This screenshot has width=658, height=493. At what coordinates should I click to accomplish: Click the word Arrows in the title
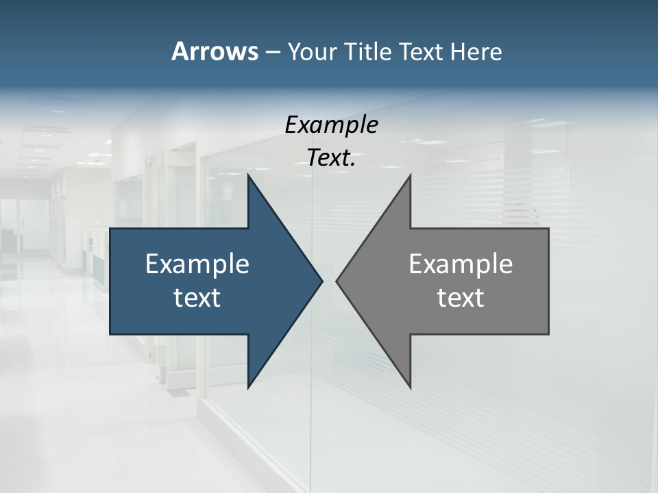pyautogui.click(x=214, y=51)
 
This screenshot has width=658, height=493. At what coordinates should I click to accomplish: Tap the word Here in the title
pyautogui.click(x=476, y=52)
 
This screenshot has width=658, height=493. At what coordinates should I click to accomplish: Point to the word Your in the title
pyautogui.click(x=312, y=52)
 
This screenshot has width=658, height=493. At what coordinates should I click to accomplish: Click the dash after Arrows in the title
pyautogui.click(x=272, y=52)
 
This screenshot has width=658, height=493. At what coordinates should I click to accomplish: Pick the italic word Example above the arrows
pyautogui.click(x=332, y=125)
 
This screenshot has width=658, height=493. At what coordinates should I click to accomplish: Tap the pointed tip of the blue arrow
pyautogui.click(x=321, y=281)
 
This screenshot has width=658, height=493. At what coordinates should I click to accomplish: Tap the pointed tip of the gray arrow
pyautogui.click(x=337, y=281)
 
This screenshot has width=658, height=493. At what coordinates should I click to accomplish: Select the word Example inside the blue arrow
pyautogui.click(x=197, y=264)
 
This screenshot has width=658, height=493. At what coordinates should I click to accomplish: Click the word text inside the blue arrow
pyautogui.click(x=197, y=298)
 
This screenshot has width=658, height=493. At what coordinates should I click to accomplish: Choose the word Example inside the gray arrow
pyautogui.click(x=461, y=264)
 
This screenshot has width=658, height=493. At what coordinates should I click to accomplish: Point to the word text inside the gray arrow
pyautogui.click(x=461, y=298)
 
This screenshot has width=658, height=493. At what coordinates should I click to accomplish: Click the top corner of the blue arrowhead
pyautogui.click(x=248, y=174)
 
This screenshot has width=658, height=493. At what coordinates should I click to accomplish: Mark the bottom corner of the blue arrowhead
pyautogui.click(x=248, y=388)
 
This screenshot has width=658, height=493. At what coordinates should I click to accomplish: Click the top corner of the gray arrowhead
pyautogui.click(x=410, y=174)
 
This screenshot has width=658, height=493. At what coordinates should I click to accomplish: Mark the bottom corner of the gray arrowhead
pyautogui.click(x=410, y=388)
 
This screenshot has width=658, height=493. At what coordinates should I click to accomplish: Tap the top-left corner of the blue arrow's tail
pyautogui.click(x=110, y=228)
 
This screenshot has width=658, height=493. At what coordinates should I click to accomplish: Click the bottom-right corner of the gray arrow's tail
pyautogui.click(x=548, y=333)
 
